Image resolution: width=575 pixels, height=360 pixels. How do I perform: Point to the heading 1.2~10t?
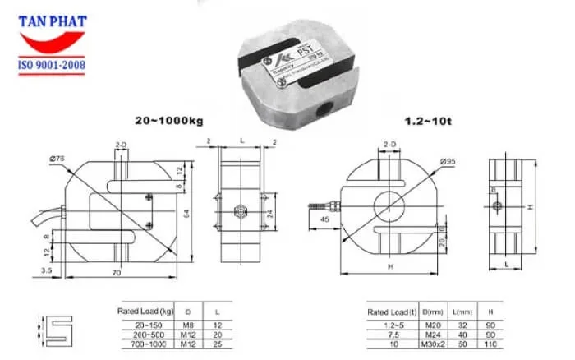point(422,120)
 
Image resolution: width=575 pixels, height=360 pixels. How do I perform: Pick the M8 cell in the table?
point(188,326)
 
